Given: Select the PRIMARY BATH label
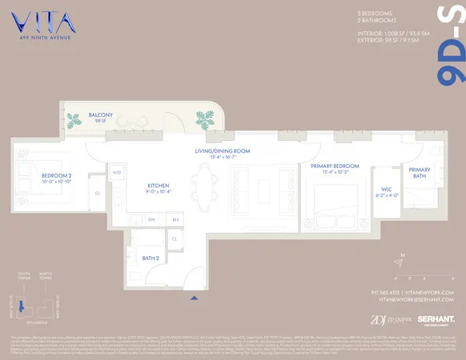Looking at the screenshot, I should (420, 173).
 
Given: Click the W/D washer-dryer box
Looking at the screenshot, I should (116, 172).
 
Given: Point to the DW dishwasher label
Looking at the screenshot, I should (152, 218).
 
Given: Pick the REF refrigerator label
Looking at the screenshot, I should (175, 218).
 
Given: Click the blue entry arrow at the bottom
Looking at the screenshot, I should (193, 298).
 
